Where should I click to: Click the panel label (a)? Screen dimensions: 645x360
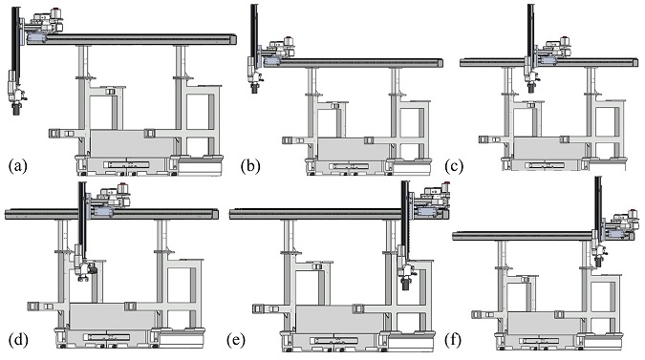coord(17,166)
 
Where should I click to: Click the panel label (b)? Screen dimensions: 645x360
coord(250,166)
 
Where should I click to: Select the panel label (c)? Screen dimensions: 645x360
coord(454,166)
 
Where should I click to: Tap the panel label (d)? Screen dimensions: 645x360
coord(18,340)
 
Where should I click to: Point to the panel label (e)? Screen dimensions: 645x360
coord(236,340)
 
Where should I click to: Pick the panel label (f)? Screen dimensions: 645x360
coord(453,340)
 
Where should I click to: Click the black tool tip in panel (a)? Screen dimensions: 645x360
coord(17,109)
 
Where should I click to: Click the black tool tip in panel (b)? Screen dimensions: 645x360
coord(254,88)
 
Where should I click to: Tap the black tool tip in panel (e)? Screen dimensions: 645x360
coord(405,284)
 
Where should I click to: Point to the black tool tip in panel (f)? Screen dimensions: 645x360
coord(598,262)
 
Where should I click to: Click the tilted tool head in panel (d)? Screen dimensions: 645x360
coord(86,270)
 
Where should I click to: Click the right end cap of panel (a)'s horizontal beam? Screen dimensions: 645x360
coord(233,39)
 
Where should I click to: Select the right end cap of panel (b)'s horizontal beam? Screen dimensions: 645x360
coord(441,63)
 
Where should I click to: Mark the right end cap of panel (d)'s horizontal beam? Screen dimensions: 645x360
coord(216,214)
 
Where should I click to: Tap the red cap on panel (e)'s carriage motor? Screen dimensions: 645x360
coord(445,183)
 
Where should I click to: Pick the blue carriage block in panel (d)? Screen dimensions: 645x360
coord(103,212)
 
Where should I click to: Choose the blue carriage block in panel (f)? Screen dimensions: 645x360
coord(616,234)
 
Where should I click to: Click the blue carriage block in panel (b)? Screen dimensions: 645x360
coord(272,61)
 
